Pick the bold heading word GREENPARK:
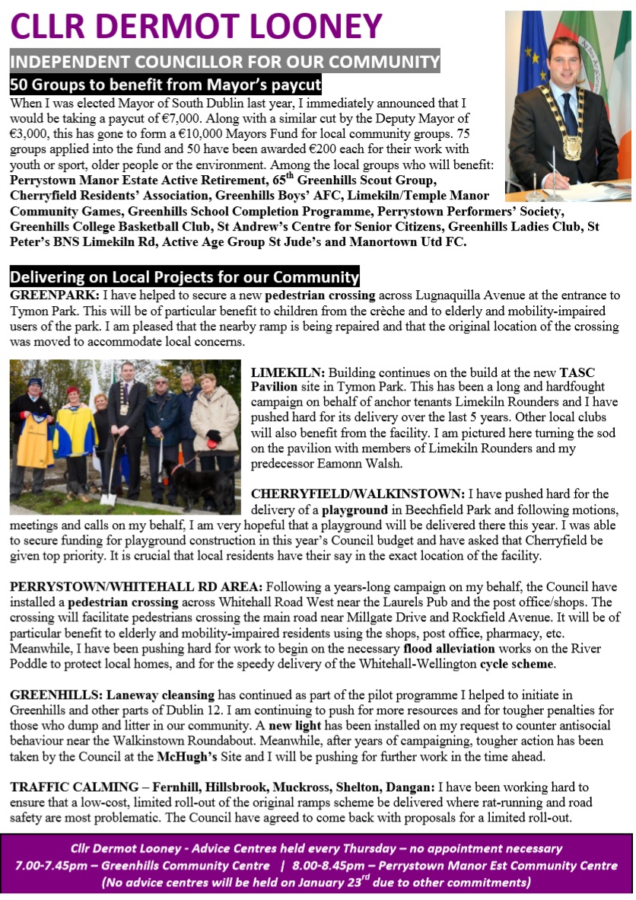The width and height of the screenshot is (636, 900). tap(49, 295)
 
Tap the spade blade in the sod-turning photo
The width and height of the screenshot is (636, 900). tap(108, 498)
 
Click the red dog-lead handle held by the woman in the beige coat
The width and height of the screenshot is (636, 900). tap(215, 436)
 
